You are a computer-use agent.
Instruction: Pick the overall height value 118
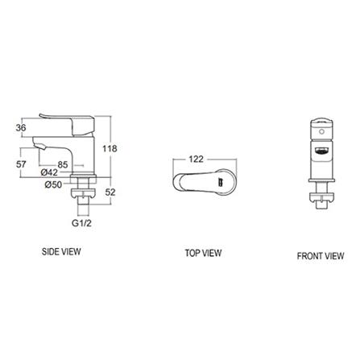110,148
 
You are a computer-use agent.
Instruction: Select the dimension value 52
110,192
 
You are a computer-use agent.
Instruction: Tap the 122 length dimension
196,159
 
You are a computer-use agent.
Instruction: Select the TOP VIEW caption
203,253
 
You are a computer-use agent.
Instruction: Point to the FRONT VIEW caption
320,256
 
